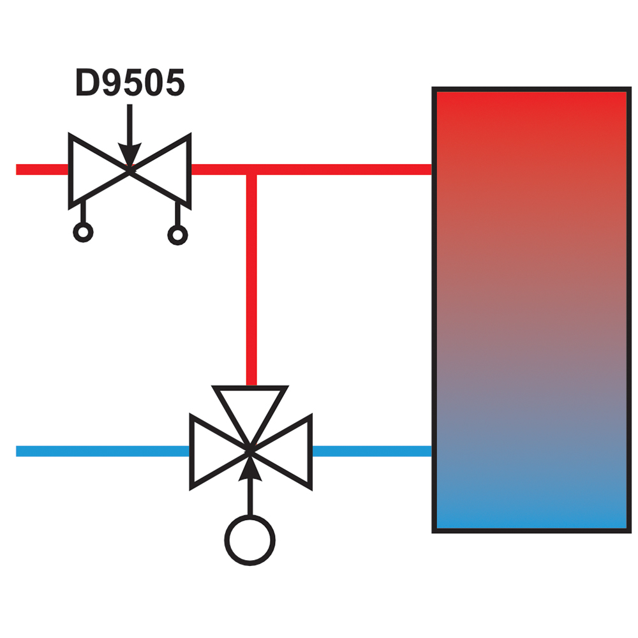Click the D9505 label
pos(130,82)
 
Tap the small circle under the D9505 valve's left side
pos(83,232)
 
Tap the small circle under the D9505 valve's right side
pos(177,235)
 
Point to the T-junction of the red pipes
pos(251,170)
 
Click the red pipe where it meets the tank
pos(427,170)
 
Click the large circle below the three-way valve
pos(250,541)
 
